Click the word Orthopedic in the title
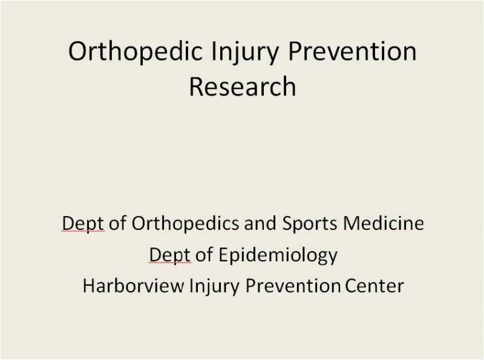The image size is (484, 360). tap(135, 51)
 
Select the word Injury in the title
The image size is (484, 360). tap(245, 52)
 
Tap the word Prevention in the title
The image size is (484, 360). tap(352, 51)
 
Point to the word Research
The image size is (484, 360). tap(243, 87)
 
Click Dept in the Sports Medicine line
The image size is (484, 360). tap(83, 223)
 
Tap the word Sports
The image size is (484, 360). tap(309, 223)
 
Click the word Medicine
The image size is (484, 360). tap(384, 223)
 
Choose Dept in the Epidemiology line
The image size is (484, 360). tap(170, 256)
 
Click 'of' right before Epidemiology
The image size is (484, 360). tap(204, 255)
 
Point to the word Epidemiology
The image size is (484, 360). tap(278, 256)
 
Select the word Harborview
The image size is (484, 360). tap(133, 286)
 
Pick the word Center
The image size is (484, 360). tap(374, 286)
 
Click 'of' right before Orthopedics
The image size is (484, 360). tap(117, 223)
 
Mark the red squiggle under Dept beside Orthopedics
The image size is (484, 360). tap(83, 231)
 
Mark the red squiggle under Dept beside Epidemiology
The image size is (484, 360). tap(170, 263)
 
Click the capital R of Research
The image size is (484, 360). tap(196, 87)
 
